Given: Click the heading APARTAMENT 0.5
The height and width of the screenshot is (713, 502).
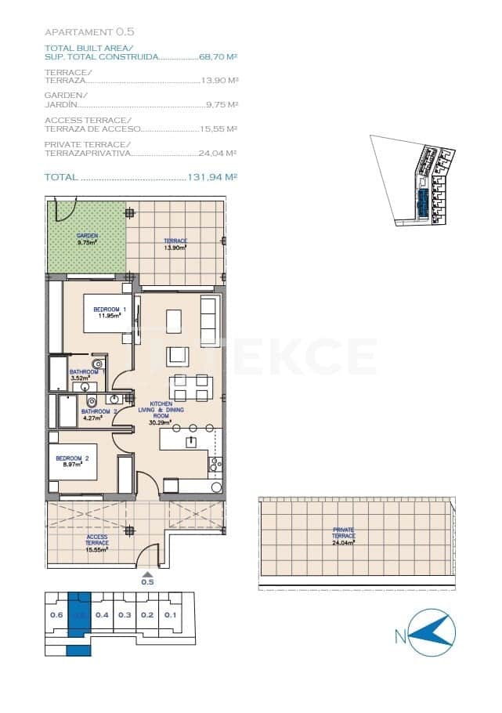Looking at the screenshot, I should click(90, 32).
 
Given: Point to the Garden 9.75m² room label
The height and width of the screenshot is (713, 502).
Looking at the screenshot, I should click(86, 239).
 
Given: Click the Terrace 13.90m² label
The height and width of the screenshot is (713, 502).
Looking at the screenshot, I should click(175, 244).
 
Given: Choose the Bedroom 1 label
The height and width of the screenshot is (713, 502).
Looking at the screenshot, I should click(109, 313).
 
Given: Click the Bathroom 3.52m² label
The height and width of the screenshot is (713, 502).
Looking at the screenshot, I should click(82, 375).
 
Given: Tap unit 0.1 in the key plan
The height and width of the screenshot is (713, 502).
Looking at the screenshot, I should click(172, 615).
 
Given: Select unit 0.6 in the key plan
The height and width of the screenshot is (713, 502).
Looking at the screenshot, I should click(56, 615).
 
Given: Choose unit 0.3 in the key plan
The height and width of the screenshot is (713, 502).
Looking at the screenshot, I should click(125, 615).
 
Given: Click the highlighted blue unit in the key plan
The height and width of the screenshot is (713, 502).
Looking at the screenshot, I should click(79, 615).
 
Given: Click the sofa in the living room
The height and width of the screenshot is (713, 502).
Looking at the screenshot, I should click(208, 321).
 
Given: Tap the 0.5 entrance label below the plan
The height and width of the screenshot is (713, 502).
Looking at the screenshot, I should click(147, 582).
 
